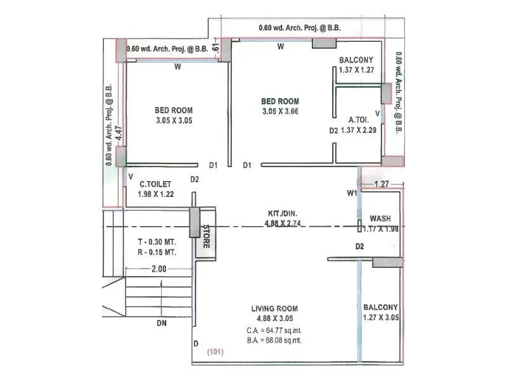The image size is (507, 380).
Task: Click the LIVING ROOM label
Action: [x=274, y=308]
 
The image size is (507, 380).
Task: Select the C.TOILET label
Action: [x=155, y=184]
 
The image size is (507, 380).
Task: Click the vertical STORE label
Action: [x=206, y=236]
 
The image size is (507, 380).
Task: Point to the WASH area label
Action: [x=380, y=218]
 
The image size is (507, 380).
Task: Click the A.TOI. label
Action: [x=359, y=119]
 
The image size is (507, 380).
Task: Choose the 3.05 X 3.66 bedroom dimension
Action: [x=280, y=111]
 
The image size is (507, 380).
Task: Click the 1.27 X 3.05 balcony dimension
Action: [x=381, y=317]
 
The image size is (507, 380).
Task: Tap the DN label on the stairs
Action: [x=162, y=323]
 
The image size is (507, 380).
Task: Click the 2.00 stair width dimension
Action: [x=159, y=269]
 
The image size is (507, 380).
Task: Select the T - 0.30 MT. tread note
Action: [x=157, y=242]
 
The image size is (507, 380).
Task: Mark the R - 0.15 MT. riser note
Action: [x=157, y=252]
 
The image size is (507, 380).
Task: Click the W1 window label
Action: [x=352, y=193]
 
